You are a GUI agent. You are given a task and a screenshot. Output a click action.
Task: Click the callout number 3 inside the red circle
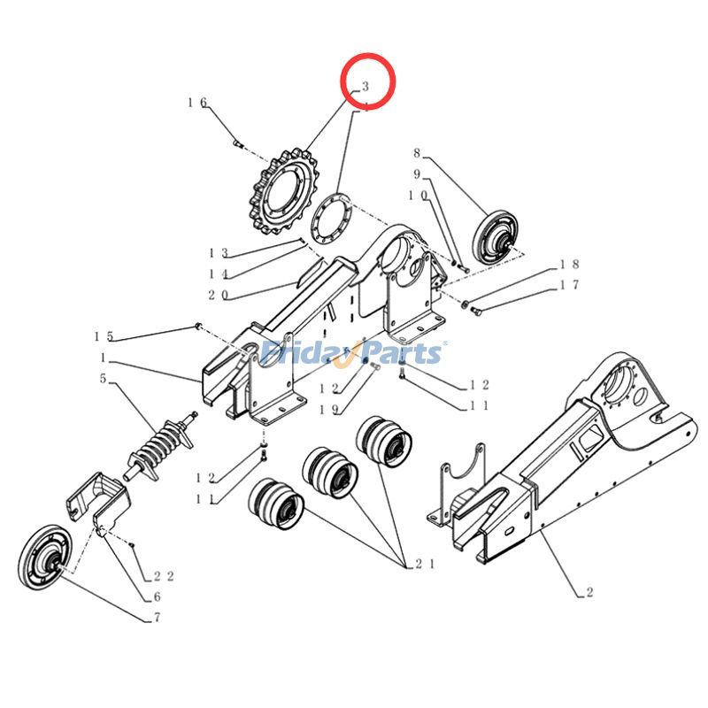tap(363, 87)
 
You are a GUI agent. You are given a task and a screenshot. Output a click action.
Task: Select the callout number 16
tap(196, 103)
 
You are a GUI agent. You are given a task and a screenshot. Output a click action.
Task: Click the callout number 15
tap(104, 336)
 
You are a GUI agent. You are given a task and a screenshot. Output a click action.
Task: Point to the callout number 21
tap(416, 564)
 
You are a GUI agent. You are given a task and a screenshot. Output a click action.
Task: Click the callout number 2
tap(589, 592)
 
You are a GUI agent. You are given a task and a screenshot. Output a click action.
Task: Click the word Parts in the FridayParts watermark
tap(402, 353)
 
